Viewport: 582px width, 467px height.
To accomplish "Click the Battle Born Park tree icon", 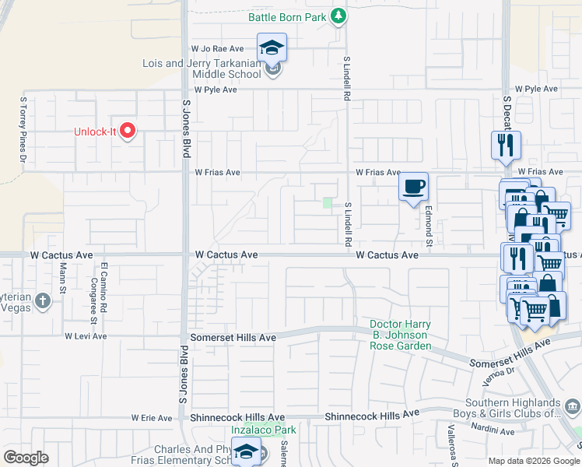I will click(338, 16).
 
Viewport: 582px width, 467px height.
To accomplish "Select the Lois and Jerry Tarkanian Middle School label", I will click(202, 68).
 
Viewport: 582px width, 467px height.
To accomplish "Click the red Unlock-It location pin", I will click(127, 131).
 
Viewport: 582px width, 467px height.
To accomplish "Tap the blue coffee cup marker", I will click(413, 187).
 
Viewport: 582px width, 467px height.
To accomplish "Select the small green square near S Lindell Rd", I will click(328, 204).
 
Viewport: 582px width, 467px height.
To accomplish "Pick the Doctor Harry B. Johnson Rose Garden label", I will click(400, 335).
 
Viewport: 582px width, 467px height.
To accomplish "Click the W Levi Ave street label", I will click(86, 336).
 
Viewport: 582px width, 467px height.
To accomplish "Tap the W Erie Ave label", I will click(151, 418).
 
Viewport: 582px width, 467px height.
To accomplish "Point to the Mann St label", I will click(63, 277).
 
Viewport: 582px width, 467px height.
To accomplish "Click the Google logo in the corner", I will click(26, 458).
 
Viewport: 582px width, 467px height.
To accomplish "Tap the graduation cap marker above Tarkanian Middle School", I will click(272, 47).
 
